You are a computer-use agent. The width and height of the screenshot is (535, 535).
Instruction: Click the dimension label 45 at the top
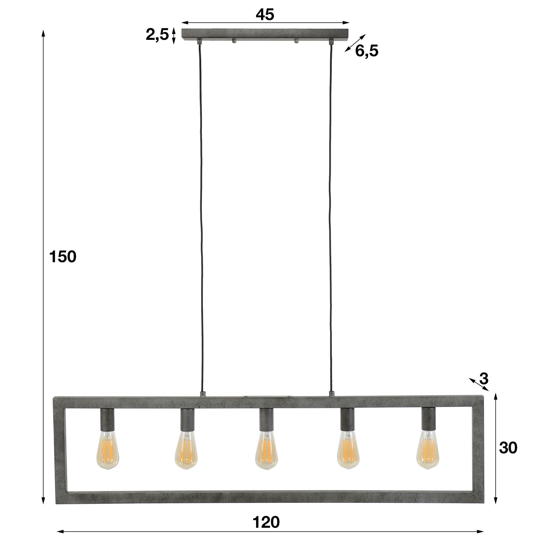[x=265, y=14]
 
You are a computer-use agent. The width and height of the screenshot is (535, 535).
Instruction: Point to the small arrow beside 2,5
[x=174, y=36]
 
